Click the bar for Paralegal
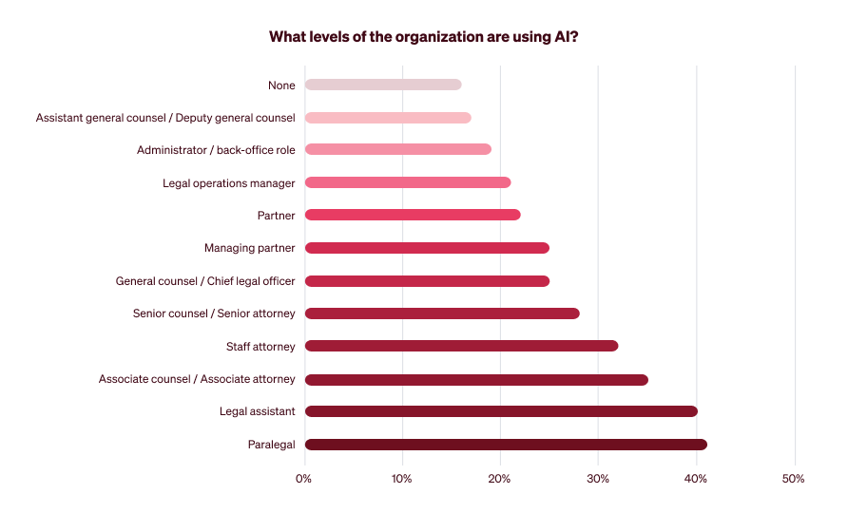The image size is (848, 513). [x=506, y=445]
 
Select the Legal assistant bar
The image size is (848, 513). [x=501, y=411]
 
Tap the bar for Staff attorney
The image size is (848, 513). [x=461, y=346]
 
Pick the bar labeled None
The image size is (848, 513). [x=383, y=85]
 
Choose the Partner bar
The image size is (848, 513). [x=413, y=215]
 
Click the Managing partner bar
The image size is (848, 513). [x=427, y=248]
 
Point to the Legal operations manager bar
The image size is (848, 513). [x=408, y=182]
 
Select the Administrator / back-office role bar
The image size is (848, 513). [x=397, y=149]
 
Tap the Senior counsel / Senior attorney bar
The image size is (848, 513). [x=442, y=313]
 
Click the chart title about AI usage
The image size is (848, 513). [x=424, y=37]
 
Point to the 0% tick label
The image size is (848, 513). [x=304, y=479]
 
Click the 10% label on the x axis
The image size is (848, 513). [x=402, y=479]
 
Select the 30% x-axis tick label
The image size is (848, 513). [x=598, y=479]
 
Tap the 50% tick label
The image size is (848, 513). [x=794, y=479]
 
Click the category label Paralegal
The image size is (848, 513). [x=272, y=445]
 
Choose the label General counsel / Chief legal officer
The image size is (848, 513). [x=205, y=281]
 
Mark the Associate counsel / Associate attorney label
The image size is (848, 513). [x=197, y=379]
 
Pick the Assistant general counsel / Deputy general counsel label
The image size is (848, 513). [x=165, y=118]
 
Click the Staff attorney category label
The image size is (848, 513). [x=260, y=346]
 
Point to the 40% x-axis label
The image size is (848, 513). [x=696, y=479]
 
